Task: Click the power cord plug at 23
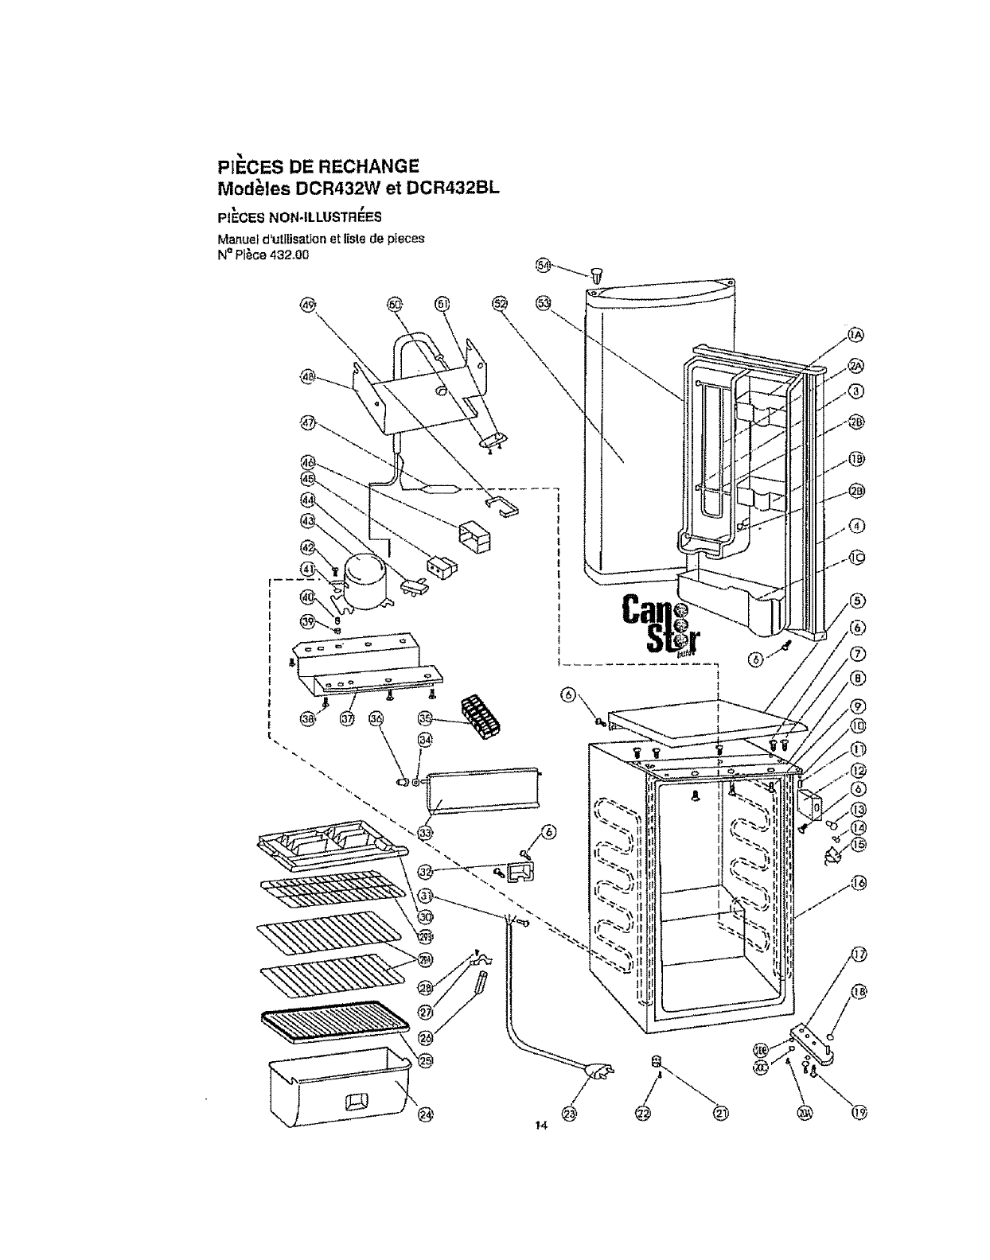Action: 596,1074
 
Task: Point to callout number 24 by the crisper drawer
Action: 427,1113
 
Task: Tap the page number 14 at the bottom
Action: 540,1125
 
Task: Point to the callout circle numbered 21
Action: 720,1114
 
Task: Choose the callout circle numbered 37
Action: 347,719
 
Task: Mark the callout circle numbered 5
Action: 858,601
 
